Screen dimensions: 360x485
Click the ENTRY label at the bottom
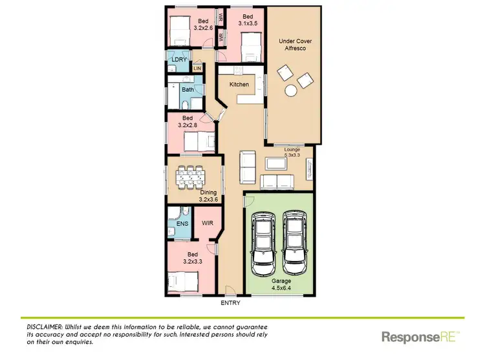click(x=230, y=302)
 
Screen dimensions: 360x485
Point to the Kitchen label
click(x=239, y=85)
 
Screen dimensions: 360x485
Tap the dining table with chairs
click(x=191, y=177)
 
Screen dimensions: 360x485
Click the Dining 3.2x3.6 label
click(x=208, y=196)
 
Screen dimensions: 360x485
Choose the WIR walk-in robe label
click(x=208, y=223)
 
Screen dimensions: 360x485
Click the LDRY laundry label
click(x=178, y=59)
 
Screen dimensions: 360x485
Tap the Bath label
click(x=188, y=90)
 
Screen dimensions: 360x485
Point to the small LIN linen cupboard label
click(x=197, y=68)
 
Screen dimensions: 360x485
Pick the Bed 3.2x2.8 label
click(x=188, y=122)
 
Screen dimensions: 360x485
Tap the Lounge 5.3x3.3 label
click(x=293, y=153)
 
